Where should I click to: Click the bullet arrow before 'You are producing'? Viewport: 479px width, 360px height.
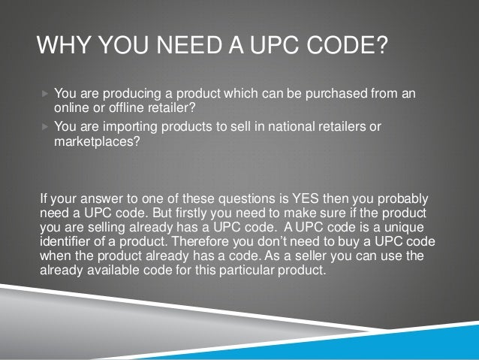(45, 94)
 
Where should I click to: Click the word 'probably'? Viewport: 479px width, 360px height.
(402, 201)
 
